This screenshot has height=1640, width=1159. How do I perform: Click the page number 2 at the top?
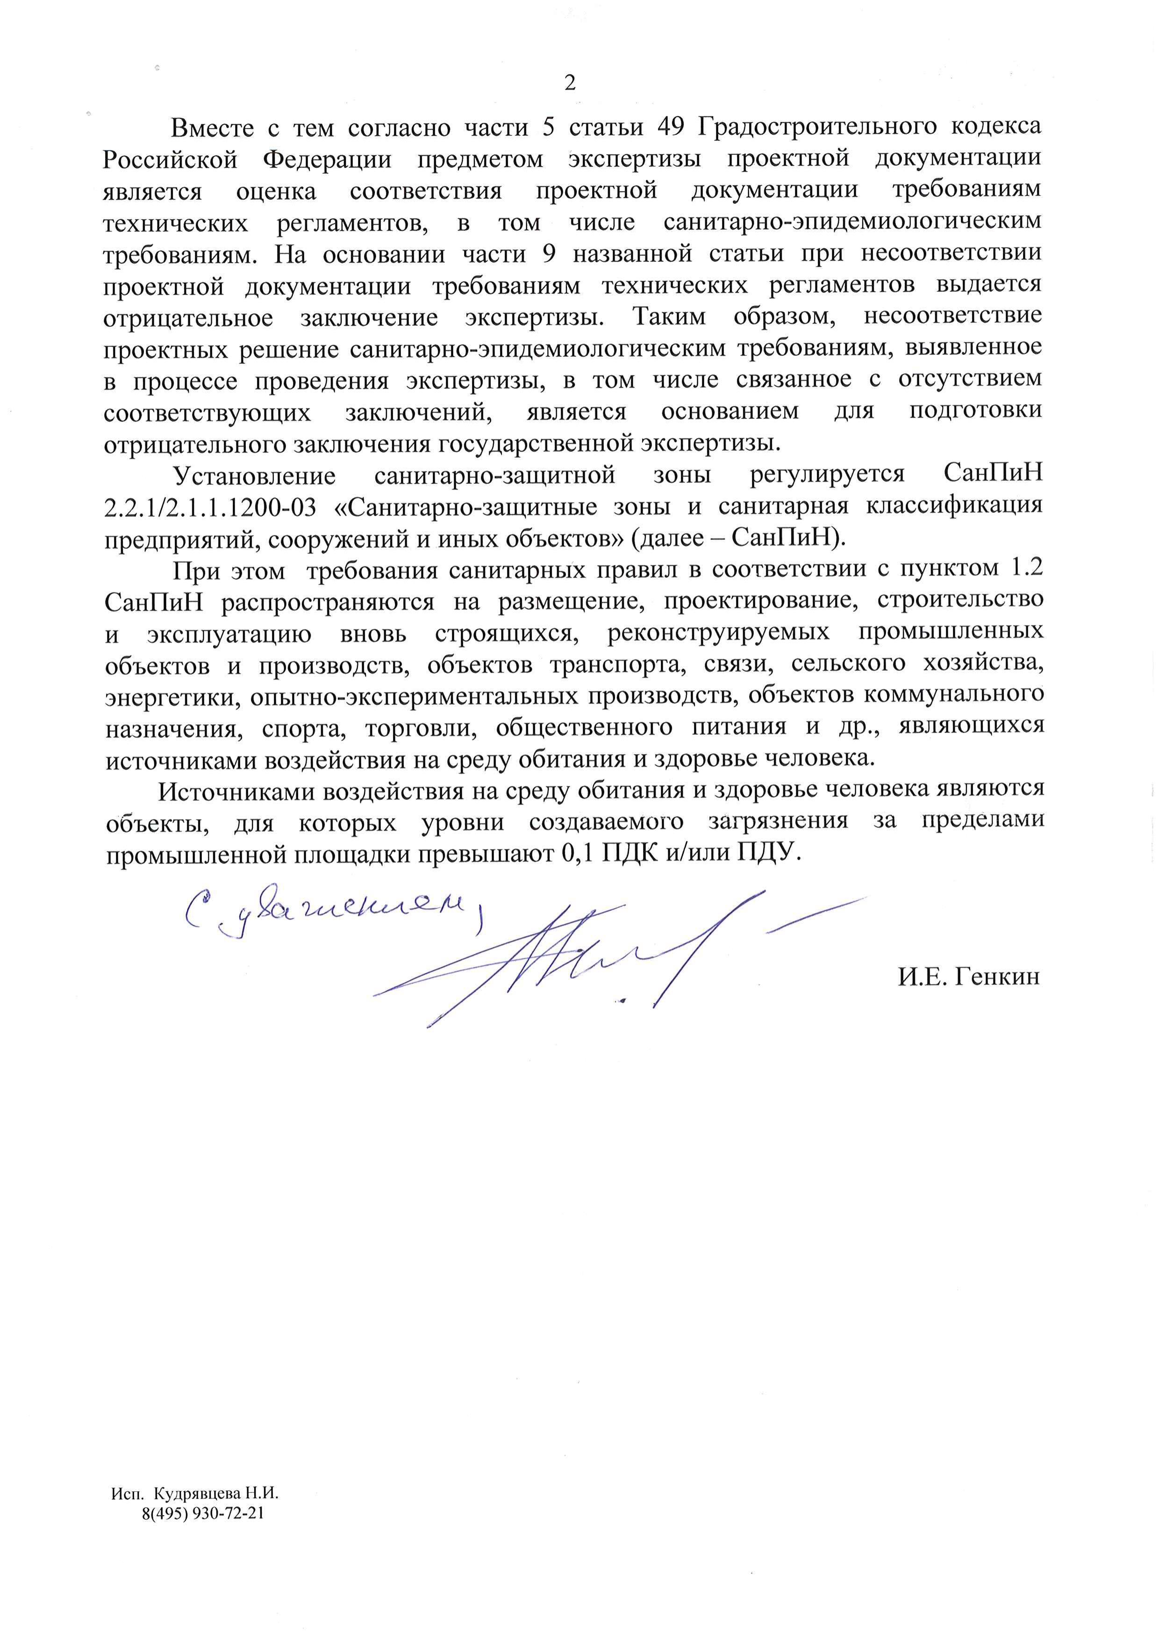[570, 84]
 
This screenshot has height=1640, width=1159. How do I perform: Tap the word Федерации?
[327, 158]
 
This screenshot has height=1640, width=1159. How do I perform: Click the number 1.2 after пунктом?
[1024, 568]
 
